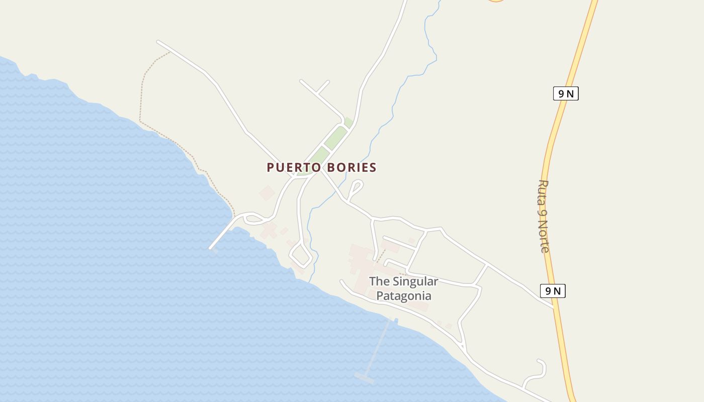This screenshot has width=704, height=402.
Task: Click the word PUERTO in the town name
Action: (291, 167)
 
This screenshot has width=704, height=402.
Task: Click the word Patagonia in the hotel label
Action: (403, 295)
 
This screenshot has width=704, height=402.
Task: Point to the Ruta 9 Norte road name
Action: (544, 216)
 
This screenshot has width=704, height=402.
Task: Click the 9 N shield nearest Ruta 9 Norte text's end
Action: (553, 290)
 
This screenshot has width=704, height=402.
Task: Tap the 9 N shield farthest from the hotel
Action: (566, 93)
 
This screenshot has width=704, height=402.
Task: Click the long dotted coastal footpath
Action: (140, 100)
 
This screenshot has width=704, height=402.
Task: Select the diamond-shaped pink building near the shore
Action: (267, 193)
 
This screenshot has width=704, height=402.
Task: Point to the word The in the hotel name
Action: (379, 281)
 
